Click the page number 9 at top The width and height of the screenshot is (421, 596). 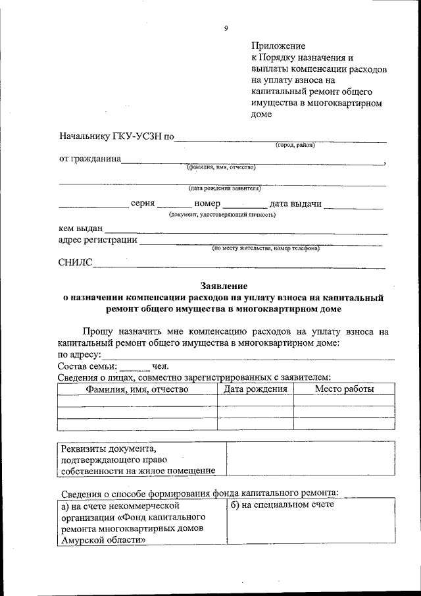click(x=226, y=28)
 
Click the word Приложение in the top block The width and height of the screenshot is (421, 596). click(x=278, y=46)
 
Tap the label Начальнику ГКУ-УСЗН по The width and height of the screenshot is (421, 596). click(x=116, y=138)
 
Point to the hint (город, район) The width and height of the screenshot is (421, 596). click(x=295, y=145)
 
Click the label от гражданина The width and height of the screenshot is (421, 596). click(x=89, y=159)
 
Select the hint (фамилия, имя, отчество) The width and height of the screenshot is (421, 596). click(x=221, y=167)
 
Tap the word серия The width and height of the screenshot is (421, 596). click(x=143, y=204)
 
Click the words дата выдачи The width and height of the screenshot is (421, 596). click(x=295, y=204)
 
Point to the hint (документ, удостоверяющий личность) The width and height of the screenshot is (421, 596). click(x=222, y=214)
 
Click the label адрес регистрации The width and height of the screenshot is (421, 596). click(x=98, y=240)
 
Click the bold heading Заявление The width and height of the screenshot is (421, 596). click(x=224, y=286)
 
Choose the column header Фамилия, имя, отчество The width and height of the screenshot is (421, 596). click(x=137, y=389)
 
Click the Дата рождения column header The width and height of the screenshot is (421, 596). click(x=255, y=389)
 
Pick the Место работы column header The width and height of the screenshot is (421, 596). click(x=344, y=389)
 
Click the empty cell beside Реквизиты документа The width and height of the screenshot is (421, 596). click(x=310, y=459)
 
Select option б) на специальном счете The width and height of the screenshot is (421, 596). click(x=282, y=505)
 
